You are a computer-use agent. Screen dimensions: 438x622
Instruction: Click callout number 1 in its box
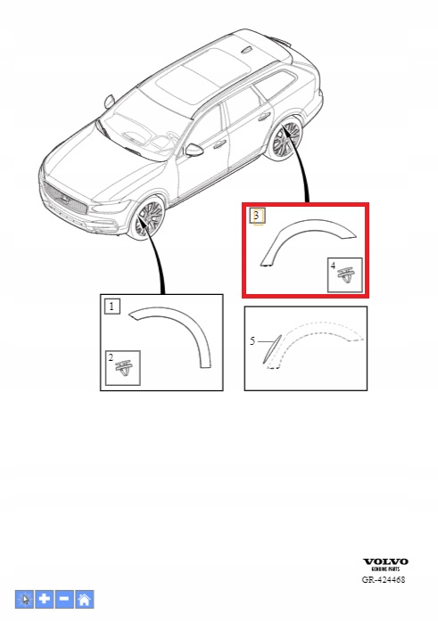point(112,307)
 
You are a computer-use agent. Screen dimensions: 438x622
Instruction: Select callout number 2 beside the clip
point(111,357)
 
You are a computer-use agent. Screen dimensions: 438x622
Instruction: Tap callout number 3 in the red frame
point(257,216)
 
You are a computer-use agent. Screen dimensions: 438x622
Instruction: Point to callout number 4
point(333,265)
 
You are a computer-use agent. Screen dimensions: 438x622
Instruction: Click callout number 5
point(252,341)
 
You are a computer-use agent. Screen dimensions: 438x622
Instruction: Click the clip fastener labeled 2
point(124,369)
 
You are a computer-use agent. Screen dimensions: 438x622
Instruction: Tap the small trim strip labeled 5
point(272,348)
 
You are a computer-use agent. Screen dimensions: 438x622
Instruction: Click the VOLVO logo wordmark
point(385,561)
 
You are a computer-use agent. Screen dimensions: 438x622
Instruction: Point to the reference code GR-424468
point(384,579)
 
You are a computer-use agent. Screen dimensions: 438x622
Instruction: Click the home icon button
point(85,599)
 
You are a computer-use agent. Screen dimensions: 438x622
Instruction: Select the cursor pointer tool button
point(25,599)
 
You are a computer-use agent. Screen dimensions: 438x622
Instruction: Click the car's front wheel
point(149,219)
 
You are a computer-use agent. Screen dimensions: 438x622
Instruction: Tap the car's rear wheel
point(285,139)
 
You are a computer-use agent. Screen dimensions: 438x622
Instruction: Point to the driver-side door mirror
point(194,150)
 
